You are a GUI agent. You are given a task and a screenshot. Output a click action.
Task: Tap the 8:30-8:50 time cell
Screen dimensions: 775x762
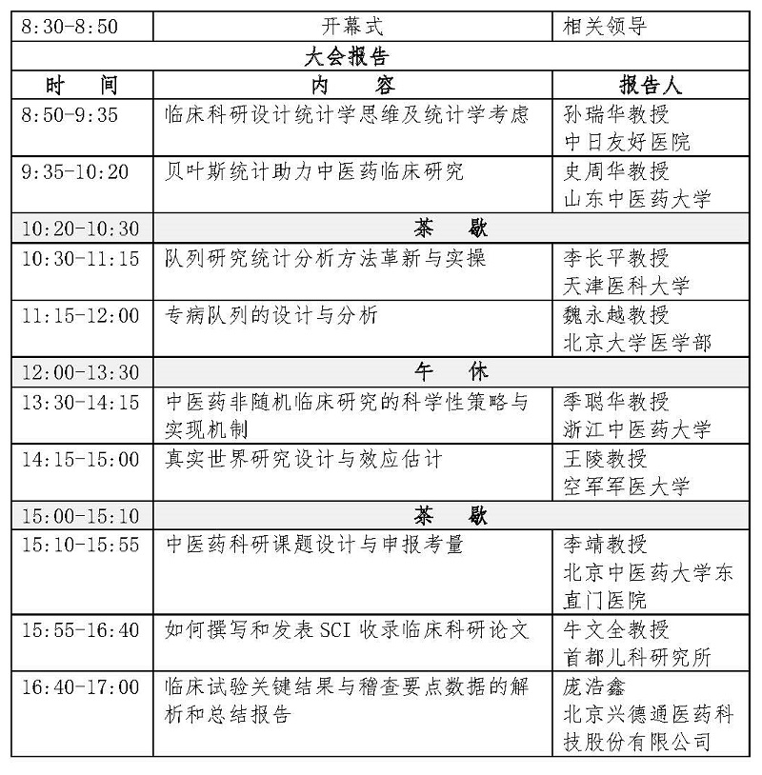70,27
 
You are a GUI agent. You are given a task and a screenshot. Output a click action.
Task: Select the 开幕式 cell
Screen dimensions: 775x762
352,27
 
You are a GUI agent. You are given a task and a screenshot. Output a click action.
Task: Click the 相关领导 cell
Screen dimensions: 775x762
607,27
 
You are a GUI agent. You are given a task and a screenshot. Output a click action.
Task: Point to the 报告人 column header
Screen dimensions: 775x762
651,86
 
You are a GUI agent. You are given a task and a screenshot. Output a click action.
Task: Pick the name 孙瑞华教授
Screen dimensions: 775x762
615,114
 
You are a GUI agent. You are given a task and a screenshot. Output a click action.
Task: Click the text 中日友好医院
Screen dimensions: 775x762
626,143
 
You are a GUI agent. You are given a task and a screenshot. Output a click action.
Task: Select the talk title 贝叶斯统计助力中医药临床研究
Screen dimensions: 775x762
315,171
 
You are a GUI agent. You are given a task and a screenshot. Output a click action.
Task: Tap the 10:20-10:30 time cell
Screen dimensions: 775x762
80,229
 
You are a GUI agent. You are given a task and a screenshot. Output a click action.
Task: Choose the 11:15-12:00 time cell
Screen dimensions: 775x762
80,315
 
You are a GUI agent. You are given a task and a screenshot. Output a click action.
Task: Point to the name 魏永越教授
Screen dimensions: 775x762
615,315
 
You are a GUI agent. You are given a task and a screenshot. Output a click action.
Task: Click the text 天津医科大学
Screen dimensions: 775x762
626,286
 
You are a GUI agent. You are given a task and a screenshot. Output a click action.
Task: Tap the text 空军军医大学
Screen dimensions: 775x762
626,487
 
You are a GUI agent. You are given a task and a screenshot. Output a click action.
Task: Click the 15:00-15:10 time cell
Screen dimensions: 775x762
80,516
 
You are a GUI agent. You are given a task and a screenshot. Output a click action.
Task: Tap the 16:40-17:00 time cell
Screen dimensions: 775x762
80,686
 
